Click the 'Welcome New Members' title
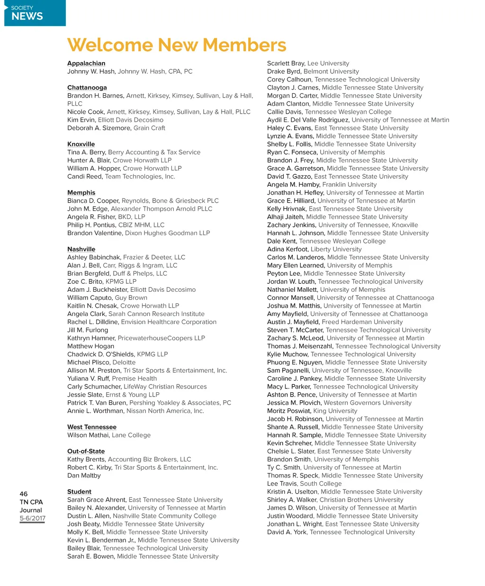177,45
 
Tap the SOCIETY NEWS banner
35,13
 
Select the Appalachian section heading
86,63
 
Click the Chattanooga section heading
87,88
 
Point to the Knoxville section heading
81,144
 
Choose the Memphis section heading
81,193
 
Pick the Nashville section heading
81,249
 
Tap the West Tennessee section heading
92,427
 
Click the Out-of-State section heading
86,451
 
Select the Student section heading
79,492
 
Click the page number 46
24,494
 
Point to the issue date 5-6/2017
33,518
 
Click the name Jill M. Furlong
88,330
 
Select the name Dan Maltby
84,476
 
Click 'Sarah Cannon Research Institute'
156,314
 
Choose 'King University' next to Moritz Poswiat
335,411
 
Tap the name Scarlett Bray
286,63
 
